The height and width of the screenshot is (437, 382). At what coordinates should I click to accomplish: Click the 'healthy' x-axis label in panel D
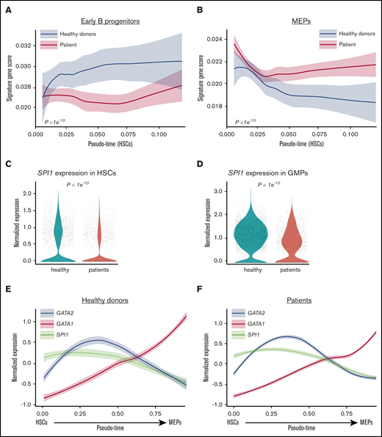pos(254,271)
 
